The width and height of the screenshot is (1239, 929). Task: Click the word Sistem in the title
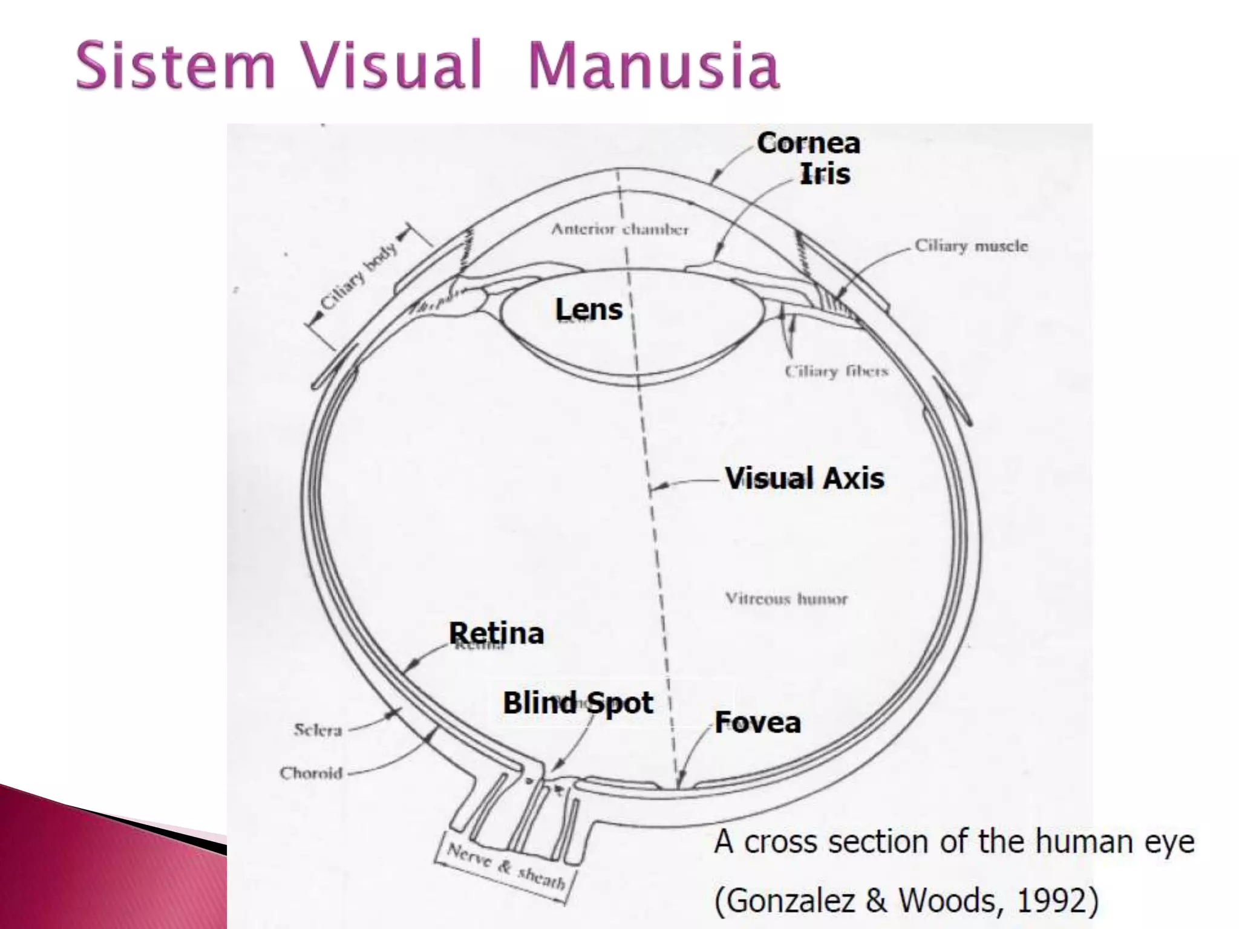pos(175,65)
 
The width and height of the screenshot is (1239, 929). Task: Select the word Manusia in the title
pos(653,65)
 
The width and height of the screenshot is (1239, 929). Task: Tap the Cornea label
pos(808,144)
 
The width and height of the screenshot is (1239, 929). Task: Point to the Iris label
pos(825,174)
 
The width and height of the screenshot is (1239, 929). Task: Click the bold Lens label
pos(589,310)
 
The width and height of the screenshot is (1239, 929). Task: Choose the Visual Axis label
pos(805,478)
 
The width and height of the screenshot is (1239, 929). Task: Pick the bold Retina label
pos(496,633)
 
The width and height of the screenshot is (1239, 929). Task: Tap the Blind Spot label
pos(578,703)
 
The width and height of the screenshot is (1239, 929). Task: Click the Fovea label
pos(757,722)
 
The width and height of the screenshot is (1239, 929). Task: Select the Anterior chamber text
pos(619,229)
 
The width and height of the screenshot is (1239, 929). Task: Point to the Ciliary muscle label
pos(971,246)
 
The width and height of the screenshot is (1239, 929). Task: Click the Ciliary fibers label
pos(837,371)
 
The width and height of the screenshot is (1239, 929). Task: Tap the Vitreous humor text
pos(786,599)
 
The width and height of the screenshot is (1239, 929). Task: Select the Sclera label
pos(318,730)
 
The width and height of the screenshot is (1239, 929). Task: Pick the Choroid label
pos(311,773)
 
